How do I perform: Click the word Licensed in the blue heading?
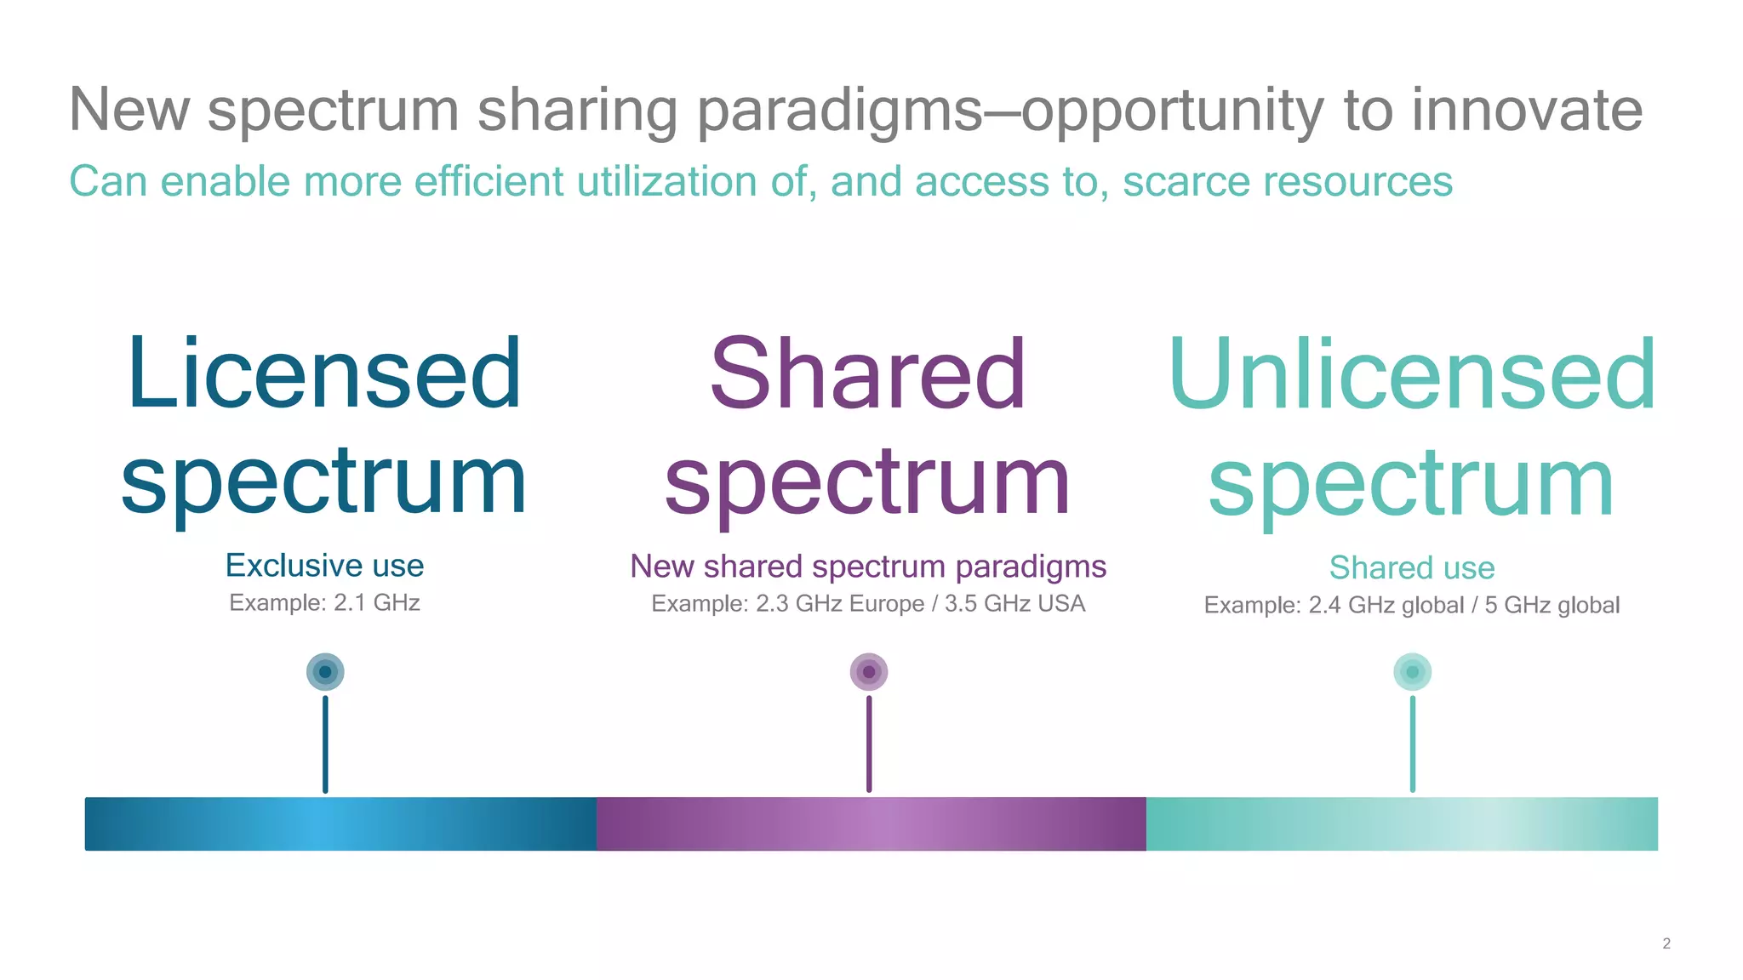click(324, 374)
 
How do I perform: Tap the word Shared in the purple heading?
click(867, 374)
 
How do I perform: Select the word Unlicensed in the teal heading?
click(1412, 374)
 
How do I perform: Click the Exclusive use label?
click(324, 566)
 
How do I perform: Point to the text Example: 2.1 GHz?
click(324, 603)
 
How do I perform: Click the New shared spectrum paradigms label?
click(868, 567)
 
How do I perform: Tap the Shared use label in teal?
click(1412, 567)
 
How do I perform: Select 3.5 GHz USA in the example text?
click(1014, 604)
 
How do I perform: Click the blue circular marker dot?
click(325, 672)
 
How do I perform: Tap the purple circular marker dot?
click(869, 672)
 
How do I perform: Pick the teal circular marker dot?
click(1413, 672)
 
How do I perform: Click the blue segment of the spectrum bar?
click(340, 823)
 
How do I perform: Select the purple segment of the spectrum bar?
click(871, 823)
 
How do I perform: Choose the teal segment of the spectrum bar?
click(1402, 823)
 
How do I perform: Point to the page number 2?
click(1666, 943)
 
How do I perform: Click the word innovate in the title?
click(1527, 110)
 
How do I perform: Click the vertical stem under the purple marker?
click(869, 744)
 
